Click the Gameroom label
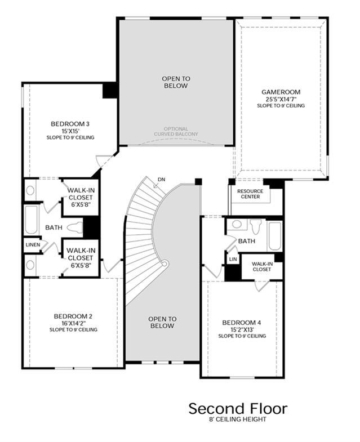pos(281,92)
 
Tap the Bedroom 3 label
pos(70,124)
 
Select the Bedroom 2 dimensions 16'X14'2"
pos(73,323)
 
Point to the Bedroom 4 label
pos(242,323)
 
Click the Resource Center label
pos(250,194)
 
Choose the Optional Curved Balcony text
pos(176,131)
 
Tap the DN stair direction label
pos(161,180)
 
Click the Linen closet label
pos(33,245)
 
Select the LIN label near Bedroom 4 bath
pos(233,259)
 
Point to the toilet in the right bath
pos(256,227)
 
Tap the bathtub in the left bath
pos(32,220)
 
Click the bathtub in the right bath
pos(274,236)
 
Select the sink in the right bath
pos(237,225)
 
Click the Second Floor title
pos(238,408)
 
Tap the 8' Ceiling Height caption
pos(238,419)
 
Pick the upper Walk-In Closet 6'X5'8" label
pos(81,197)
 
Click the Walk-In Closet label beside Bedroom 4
pos(262,266)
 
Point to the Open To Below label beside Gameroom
pos(176,82)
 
